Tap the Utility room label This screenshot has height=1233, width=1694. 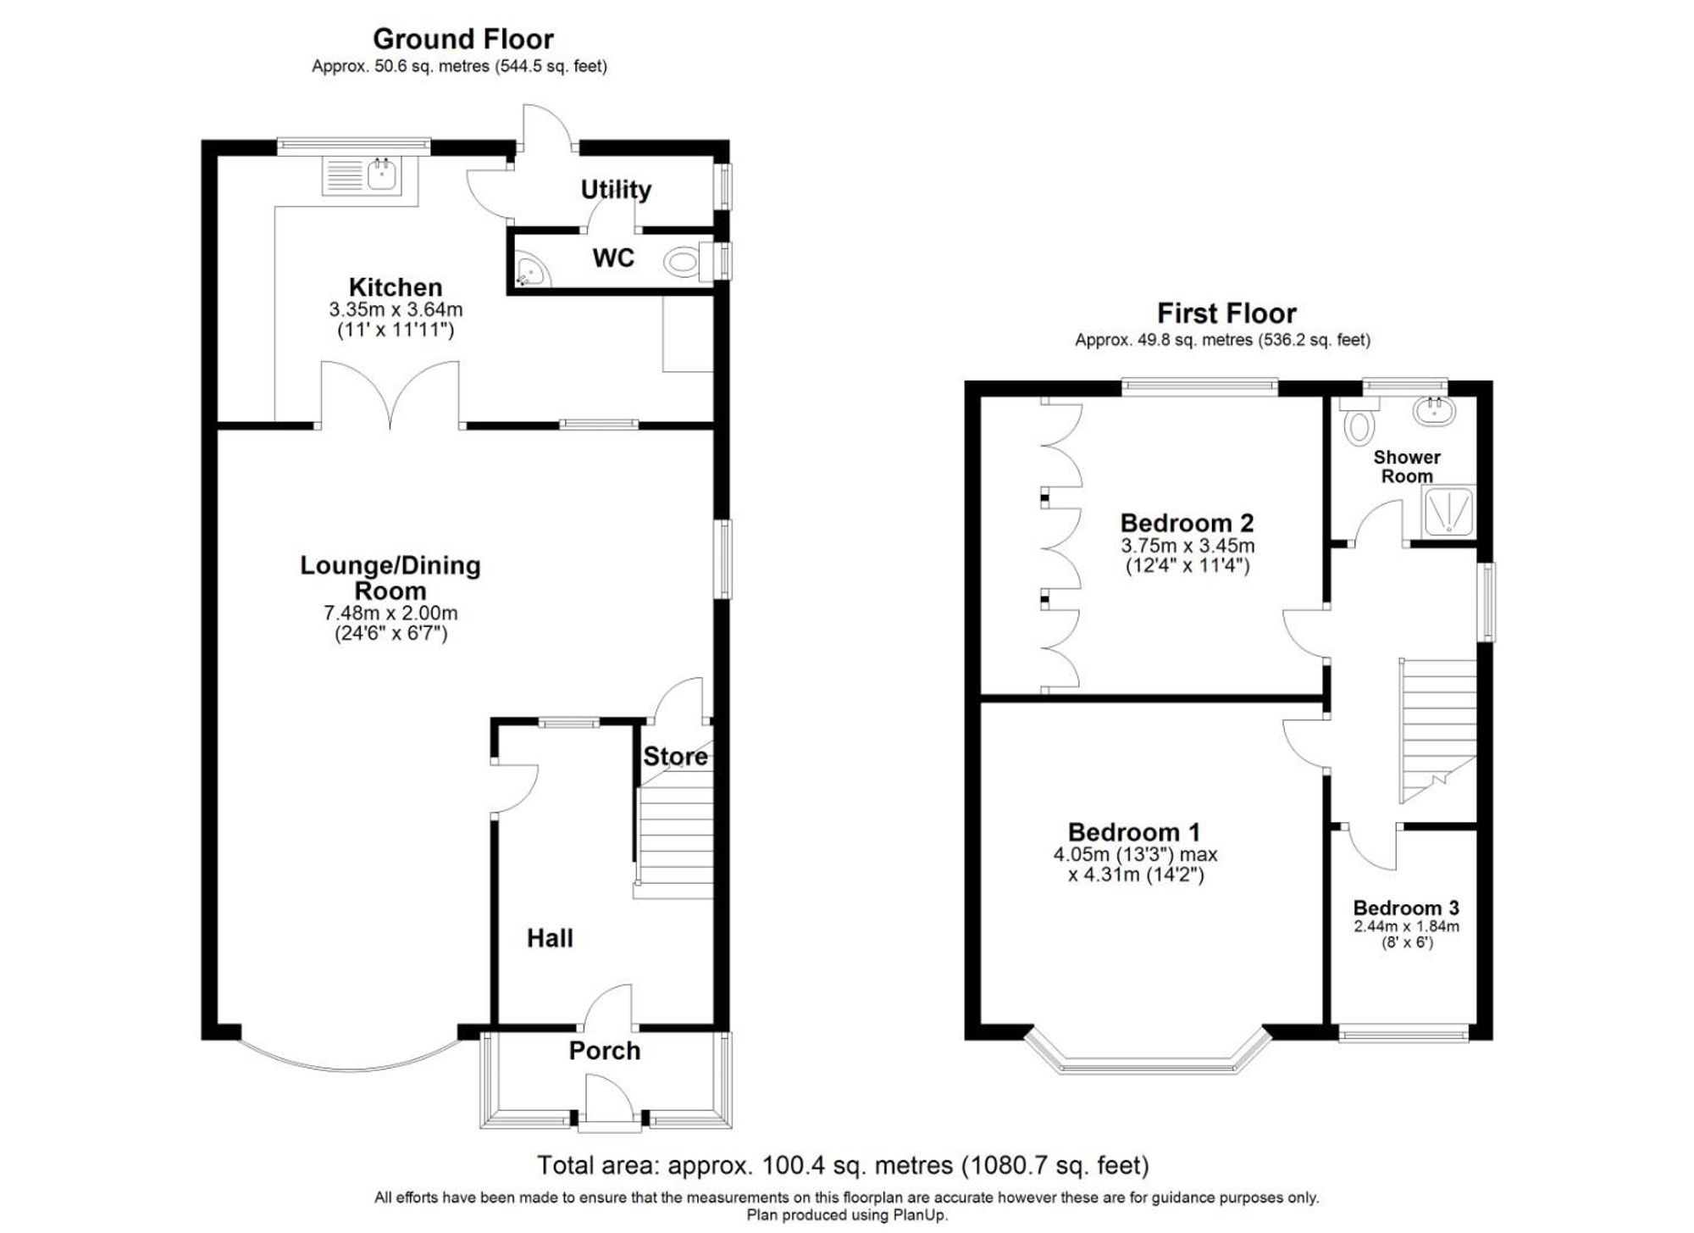616,190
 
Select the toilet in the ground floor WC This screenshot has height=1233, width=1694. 683,261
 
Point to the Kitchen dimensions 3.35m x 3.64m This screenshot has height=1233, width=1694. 396,309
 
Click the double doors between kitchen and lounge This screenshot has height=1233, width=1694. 390,394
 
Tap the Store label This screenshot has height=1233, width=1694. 675,757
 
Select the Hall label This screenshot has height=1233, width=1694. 550,938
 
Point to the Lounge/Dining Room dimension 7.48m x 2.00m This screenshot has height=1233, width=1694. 390,613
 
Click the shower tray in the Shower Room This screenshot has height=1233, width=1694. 1448,512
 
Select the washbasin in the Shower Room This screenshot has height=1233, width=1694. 1434,413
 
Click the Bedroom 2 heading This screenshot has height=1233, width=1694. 1187,523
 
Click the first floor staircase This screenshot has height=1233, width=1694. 1437,729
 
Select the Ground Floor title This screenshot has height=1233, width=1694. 462,39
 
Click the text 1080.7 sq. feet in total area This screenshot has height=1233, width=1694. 1055,1166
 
